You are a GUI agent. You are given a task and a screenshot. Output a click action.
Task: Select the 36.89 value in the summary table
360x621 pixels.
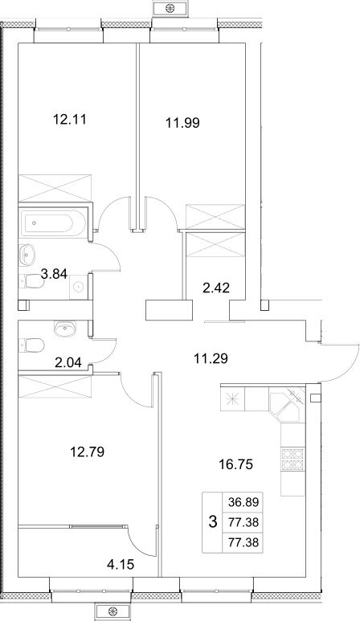pyautogui.click(x=243, y=502)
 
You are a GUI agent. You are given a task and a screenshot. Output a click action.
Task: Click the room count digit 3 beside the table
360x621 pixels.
pyautogui.click(x=212, y=522)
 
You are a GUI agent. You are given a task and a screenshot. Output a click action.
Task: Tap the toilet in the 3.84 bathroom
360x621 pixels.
pyautogui.click(x=33, y=280)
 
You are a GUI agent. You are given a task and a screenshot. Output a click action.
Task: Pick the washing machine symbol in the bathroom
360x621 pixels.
pyautogui.click(x=78, y=285)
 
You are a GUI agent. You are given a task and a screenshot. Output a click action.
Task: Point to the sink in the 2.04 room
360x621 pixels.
pyautogui.click(x=63, y=328)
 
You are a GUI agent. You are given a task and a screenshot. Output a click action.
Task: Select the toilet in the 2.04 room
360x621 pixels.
pyautogui.click(x=33, y=345)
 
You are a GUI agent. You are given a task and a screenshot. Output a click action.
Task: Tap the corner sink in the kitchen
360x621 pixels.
pyautogui.click(x=288, y=406)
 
